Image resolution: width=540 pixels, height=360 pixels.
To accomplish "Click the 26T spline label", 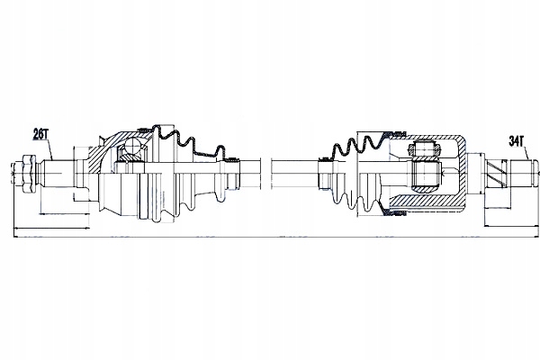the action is (40, 134).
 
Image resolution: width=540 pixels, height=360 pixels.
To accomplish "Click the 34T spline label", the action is (517, 141).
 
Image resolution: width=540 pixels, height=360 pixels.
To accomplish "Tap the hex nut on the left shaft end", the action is (28, 174).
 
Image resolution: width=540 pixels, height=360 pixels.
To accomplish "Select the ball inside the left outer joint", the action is (132, 146).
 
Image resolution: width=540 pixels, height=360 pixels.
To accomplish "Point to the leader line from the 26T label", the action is (49, 149).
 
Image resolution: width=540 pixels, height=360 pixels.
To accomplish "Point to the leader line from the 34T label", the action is (526, 154).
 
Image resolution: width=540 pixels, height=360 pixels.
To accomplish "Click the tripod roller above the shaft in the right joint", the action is (424, 149).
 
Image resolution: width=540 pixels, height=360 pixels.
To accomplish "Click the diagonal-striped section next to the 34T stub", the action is (496, 174).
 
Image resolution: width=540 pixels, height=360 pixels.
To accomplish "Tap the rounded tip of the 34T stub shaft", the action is (535, 174).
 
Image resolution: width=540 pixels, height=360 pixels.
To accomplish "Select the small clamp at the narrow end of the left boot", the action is (231, 160).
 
